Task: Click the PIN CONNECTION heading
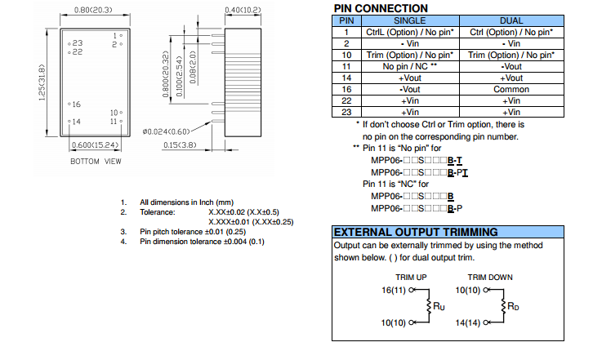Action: (x=381, y=8)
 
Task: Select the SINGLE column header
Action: (x=409, y=20)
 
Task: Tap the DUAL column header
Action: (x=511, y=20)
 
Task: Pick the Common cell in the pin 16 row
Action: (x=511, y=89)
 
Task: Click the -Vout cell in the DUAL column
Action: (x=511, y=66)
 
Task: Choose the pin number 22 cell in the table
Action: (x=346, y=100)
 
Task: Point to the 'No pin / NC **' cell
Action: (x=409, y=66)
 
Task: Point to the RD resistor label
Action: (x=513, y=306)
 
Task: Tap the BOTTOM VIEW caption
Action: (x=96, y=161)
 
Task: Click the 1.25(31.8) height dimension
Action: (x=42, y=81)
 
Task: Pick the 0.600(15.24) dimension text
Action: (x=96, y=144)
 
